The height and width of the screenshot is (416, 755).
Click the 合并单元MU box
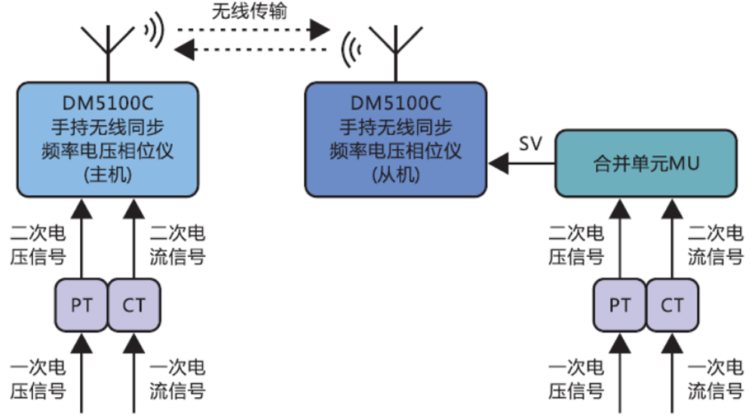tap(644, 163)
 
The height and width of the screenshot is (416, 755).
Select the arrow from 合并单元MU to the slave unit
tap(521, 162)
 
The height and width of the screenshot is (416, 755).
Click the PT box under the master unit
tap(81, 306)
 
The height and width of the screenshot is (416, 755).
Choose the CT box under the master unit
tap(134, 306)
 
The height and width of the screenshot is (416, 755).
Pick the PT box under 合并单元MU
tap(619, 306)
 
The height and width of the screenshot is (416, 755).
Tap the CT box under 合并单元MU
tap(672, 306)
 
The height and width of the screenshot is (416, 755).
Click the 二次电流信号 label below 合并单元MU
tap(716, 246)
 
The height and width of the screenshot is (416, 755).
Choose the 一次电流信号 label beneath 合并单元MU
tap(716, 380)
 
